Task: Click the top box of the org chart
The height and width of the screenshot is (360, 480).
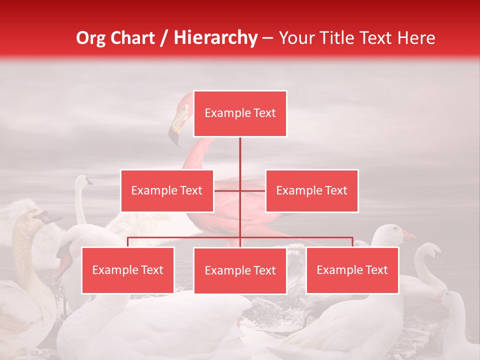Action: [240, 113]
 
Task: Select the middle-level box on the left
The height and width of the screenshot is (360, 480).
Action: [167, 190]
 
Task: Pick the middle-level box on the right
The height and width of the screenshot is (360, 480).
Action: [311, 190]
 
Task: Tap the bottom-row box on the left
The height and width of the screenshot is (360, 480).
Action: [128, 270]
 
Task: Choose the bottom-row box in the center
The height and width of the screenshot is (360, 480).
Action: [240, 270]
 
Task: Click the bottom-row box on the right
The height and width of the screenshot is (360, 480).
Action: [352, 270]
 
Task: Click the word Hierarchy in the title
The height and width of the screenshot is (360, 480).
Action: [215, 38]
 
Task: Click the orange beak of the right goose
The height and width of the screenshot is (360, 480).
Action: [408, 234]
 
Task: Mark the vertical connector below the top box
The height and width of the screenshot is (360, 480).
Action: [240, 160]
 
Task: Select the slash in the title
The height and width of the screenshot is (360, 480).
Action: [164, 38]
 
